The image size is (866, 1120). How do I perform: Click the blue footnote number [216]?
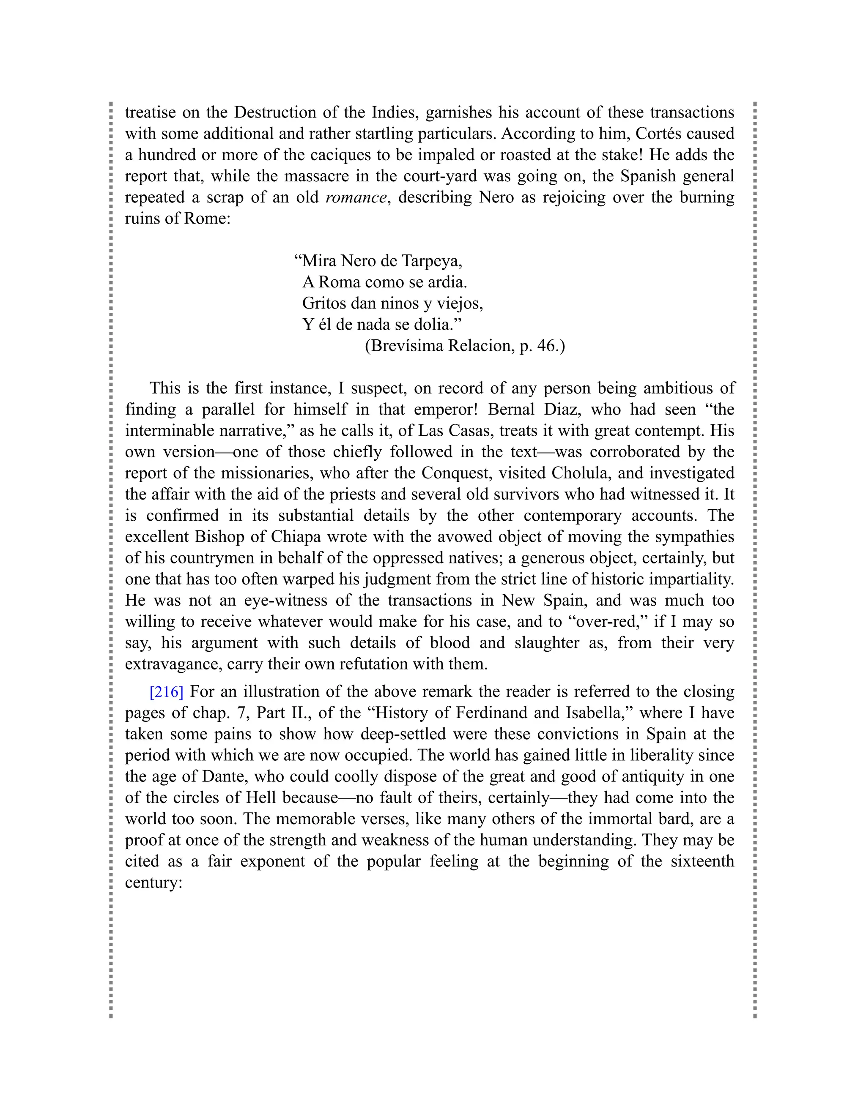pyautogui.click(x=166, y=692)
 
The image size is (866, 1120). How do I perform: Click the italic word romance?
pyautogui.click(x=356, y=197)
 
